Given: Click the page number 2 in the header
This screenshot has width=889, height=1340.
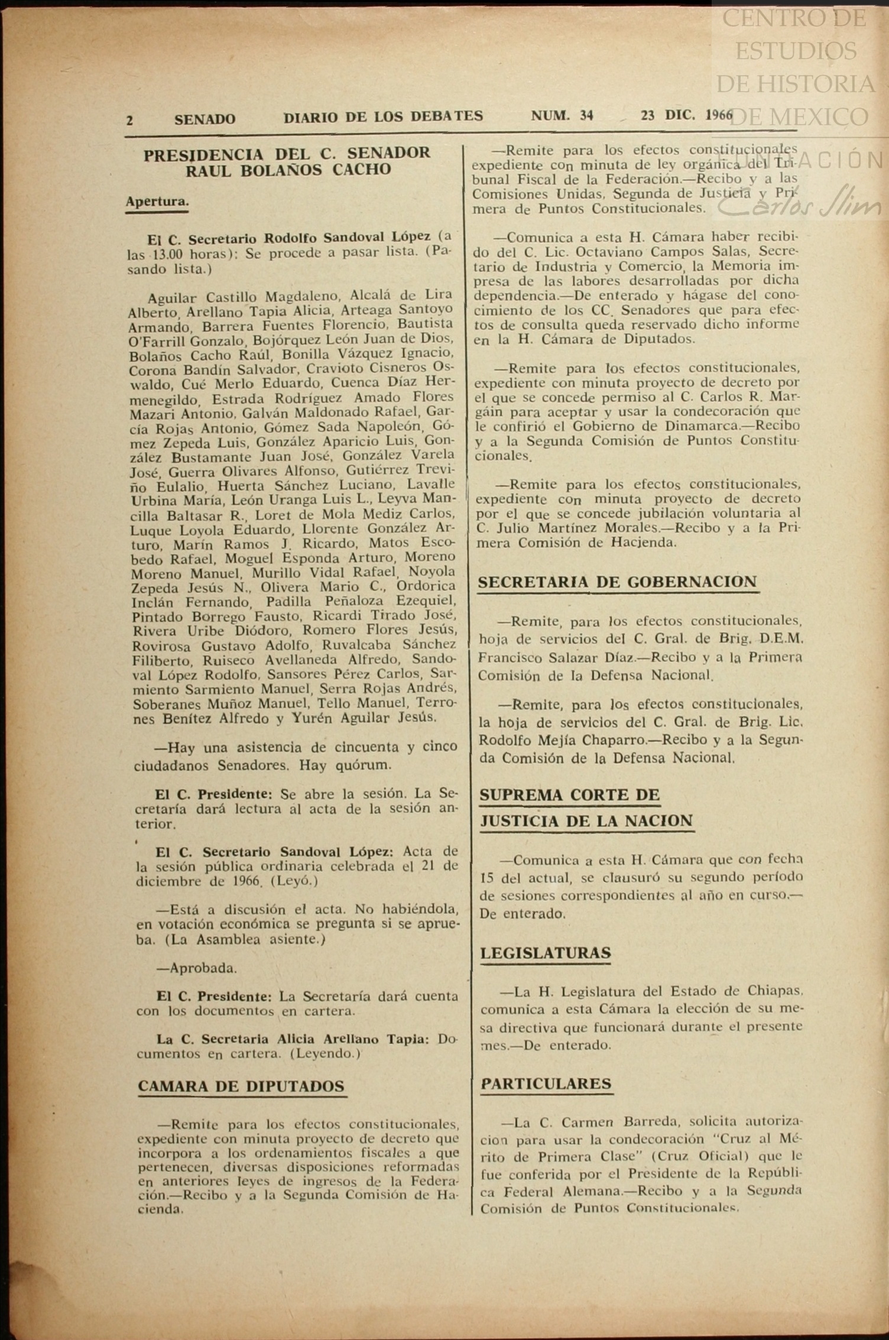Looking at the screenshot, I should point(130,120).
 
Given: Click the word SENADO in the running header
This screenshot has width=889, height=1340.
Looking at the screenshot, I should point(205,119).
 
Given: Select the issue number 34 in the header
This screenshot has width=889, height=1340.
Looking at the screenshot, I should point(586,116).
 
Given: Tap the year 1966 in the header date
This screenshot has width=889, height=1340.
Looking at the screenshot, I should point(719,115).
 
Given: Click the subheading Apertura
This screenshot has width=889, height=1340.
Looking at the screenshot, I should point(157,202).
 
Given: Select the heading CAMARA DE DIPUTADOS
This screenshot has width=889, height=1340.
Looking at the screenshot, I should point(241,1086).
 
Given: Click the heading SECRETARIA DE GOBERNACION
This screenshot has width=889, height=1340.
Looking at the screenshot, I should point(617,582).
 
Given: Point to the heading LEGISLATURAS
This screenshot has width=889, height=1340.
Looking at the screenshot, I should point(545,952).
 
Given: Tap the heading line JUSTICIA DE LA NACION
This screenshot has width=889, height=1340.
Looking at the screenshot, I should point(586,820).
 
